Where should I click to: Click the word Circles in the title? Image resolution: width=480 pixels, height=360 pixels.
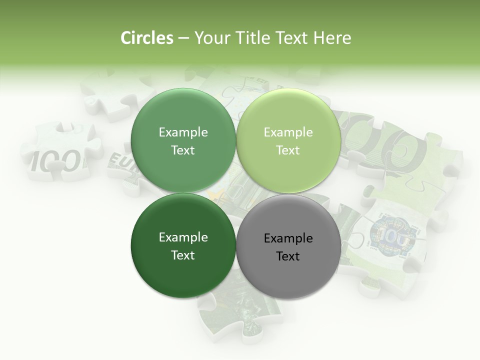(x=146, y=38)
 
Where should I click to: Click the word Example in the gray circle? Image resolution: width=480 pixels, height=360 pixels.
(x=288, y=238)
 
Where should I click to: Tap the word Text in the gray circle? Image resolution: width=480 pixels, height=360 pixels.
(x=288, y=256)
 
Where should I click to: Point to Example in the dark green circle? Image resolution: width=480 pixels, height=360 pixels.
(x=183, y=237)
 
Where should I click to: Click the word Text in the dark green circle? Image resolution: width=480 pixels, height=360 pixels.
(x=183, y=255)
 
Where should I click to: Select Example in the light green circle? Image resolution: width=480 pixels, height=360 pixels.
(x=288, y=132)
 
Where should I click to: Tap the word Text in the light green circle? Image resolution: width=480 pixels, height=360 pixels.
(x=288, y=150)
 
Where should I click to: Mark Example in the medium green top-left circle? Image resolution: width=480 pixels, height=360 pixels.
(x=183, y=132)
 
